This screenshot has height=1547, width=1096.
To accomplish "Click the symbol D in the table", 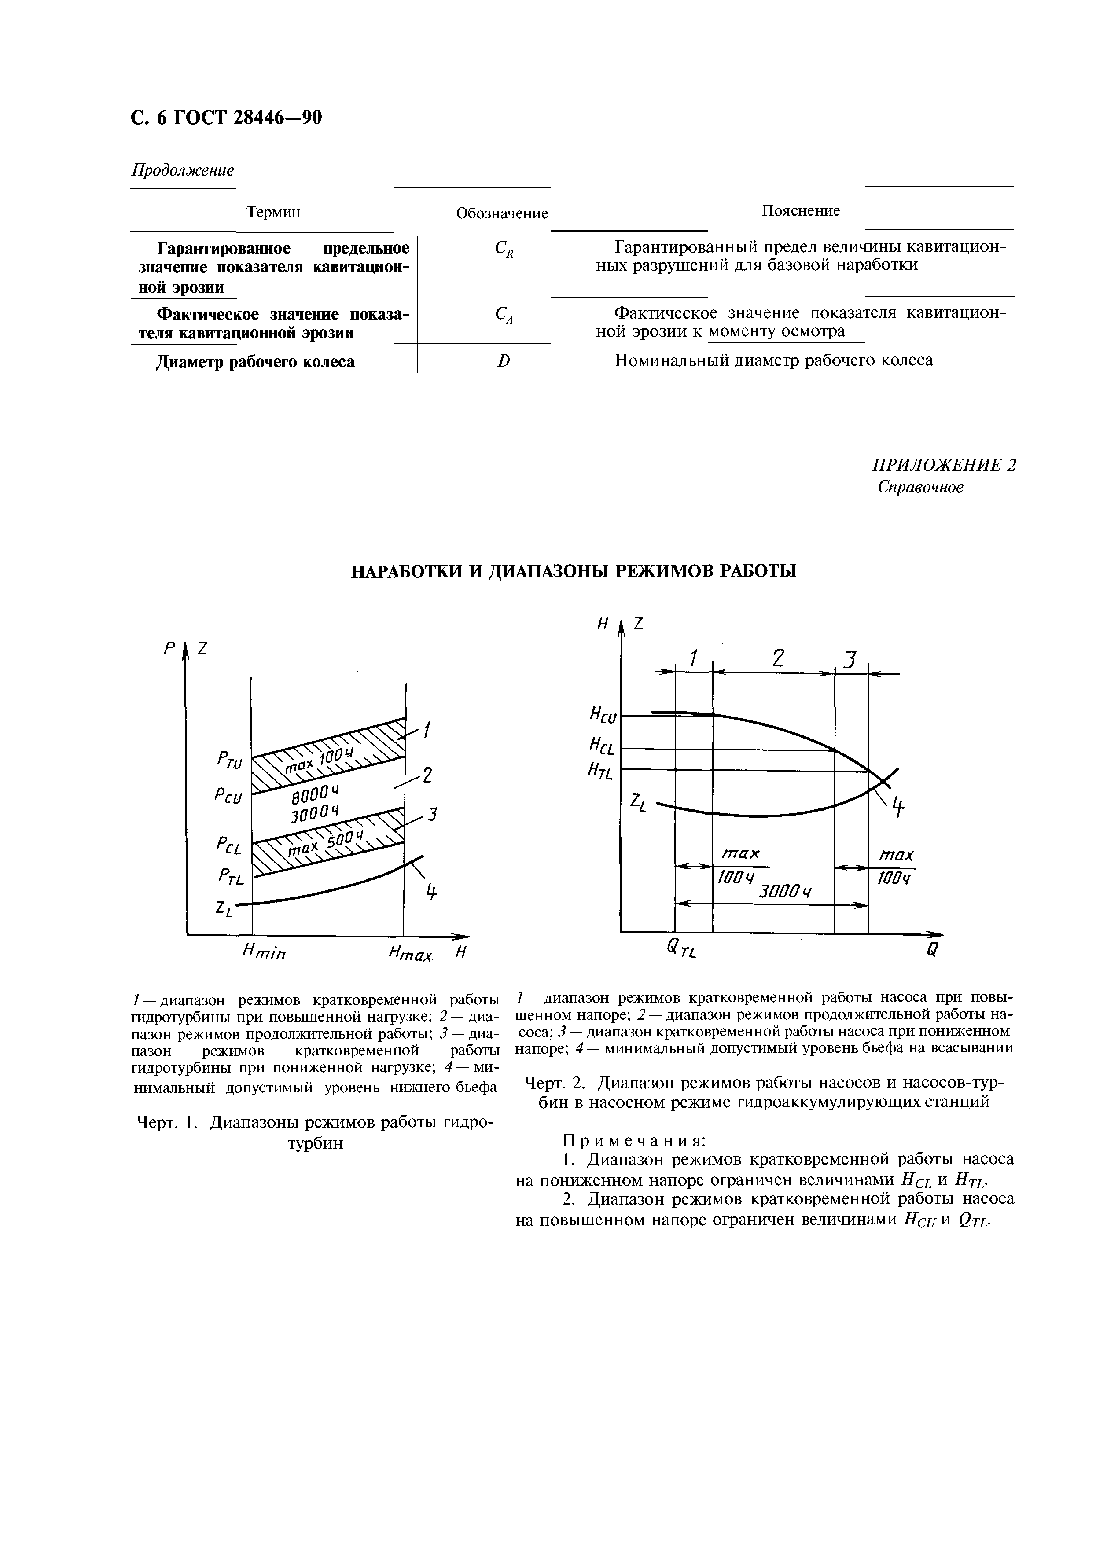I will coord(504,362).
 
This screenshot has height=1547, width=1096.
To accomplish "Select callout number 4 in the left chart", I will coord(430,893).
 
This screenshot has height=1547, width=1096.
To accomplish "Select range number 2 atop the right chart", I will coord(778,658).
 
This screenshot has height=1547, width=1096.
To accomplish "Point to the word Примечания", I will coord(634,1140).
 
